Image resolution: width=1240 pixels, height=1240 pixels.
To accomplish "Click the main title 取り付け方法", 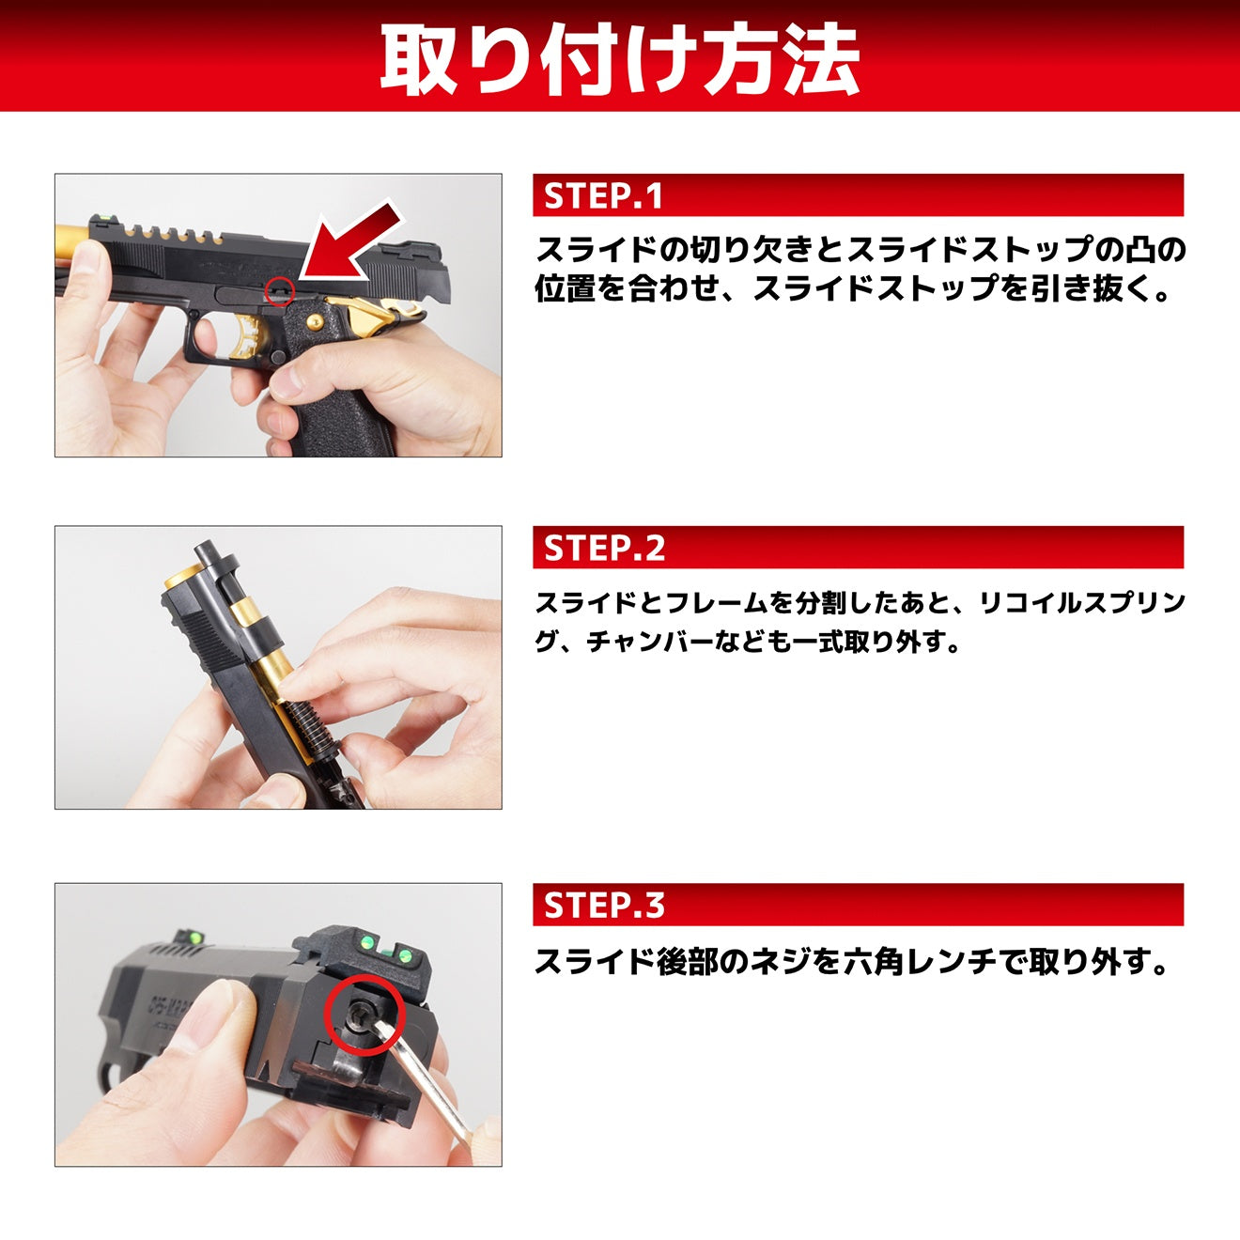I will (620, 58).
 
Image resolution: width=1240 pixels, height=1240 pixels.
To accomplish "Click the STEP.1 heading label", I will (604, 195).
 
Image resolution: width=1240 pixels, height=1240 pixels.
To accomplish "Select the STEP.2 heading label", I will (604, 548).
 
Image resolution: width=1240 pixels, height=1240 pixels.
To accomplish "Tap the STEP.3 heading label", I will (604, 905).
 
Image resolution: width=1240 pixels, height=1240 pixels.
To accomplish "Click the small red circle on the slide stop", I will (280, 291).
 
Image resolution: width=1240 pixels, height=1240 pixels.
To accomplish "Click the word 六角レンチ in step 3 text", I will (905, 961).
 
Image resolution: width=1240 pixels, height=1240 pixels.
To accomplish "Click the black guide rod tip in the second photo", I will (205, 554).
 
